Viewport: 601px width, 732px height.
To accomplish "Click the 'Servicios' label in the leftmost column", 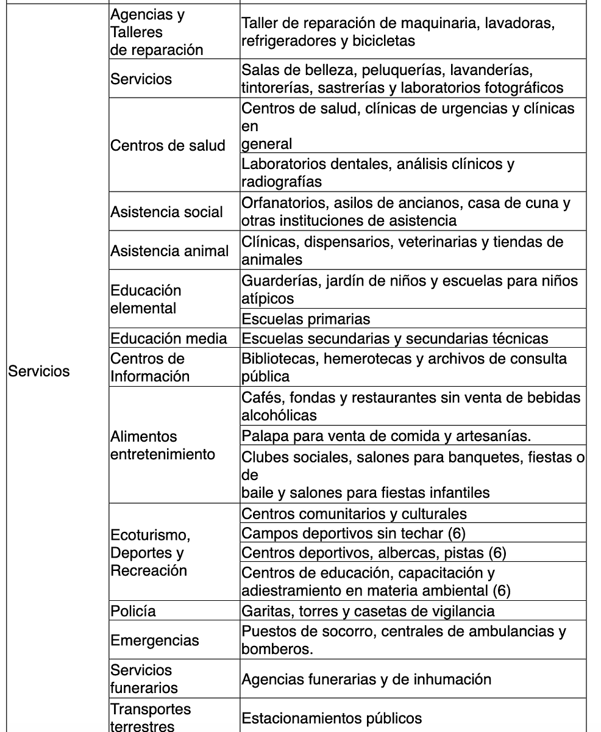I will pyautogui.click(x=38, y=371).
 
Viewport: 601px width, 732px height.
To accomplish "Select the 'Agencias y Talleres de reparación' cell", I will pyautogui.click(x=157, y=32).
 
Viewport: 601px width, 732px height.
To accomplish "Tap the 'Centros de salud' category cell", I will pyautogui.click(x=168, y=145).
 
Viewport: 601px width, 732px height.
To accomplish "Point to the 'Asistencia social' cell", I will pyautogui.click(x=167, y=212).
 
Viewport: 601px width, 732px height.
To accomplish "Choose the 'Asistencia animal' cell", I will pyautogui.click(x=169, y=251).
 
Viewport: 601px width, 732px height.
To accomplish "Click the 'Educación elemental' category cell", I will pyautogui.click(x=146, y=299).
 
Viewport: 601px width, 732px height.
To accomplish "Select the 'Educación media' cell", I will pyautogui.click(x=169, y=338).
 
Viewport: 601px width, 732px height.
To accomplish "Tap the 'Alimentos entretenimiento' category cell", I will pyautogui.click(x=163, y=445).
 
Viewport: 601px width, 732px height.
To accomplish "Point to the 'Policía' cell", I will pyautogui.click(x=133, y=611).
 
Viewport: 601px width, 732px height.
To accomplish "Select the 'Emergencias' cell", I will pyautogui.click(x=155, y=640).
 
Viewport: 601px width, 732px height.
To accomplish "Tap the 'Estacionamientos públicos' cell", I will pyautogui.click(x=332, y=718).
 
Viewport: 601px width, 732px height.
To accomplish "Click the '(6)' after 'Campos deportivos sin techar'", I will pyautogui.click(x=456, y=533).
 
